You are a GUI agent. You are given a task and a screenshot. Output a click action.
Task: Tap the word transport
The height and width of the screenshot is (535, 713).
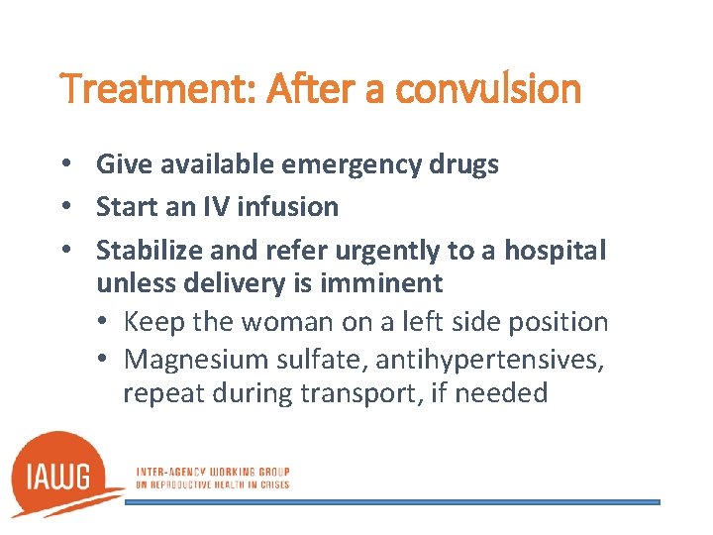(x=341, y=393)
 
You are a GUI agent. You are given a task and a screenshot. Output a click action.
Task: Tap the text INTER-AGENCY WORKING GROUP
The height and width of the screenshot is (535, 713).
(x=212, y=473)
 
